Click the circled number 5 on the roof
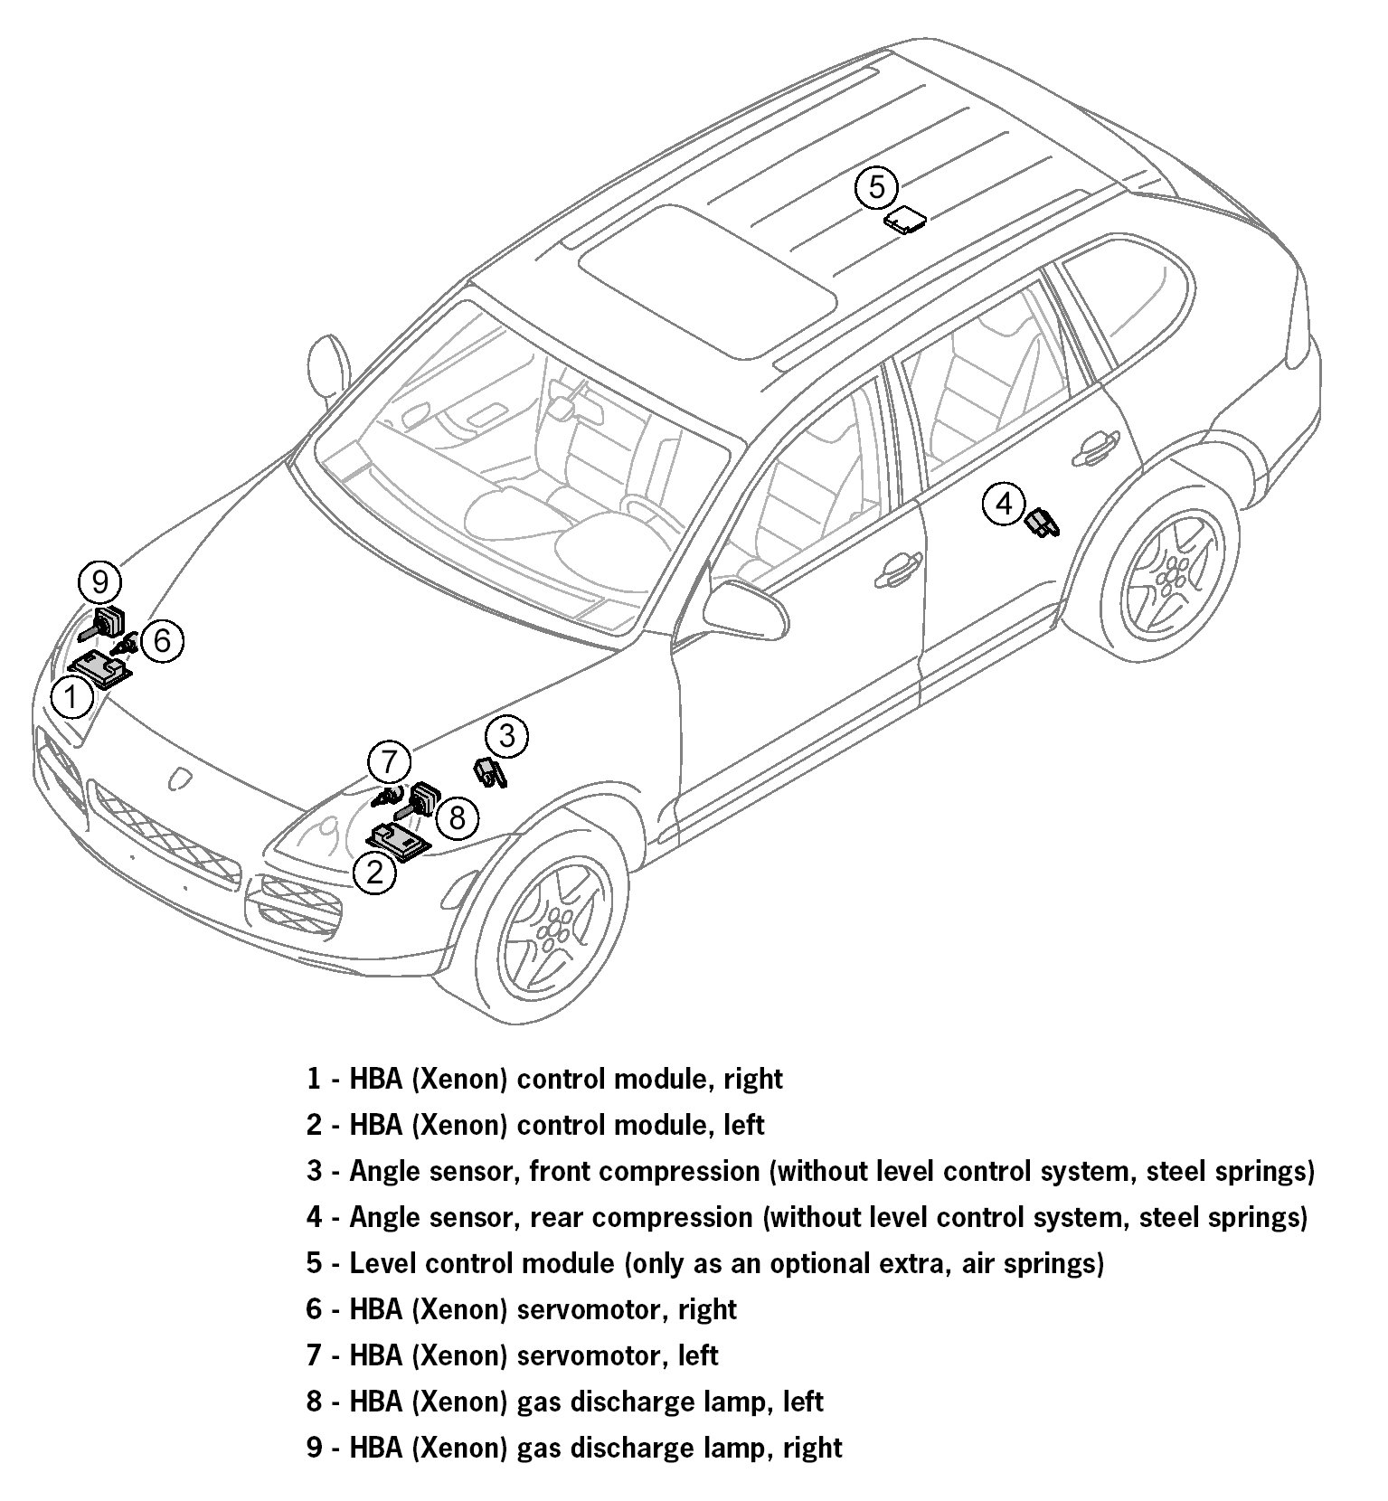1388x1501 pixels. [x=876, y=188]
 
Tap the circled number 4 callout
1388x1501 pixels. [x=1005, y=502]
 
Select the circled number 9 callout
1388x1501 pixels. [x=99, y=581]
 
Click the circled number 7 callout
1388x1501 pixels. [x=389, y=762]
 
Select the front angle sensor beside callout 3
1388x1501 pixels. [x=489, y=772]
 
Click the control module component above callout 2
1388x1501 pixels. [x=401, y=839]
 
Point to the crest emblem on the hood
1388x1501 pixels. [x=182, y=779]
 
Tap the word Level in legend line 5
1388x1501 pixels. [x=380, y=1262]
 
